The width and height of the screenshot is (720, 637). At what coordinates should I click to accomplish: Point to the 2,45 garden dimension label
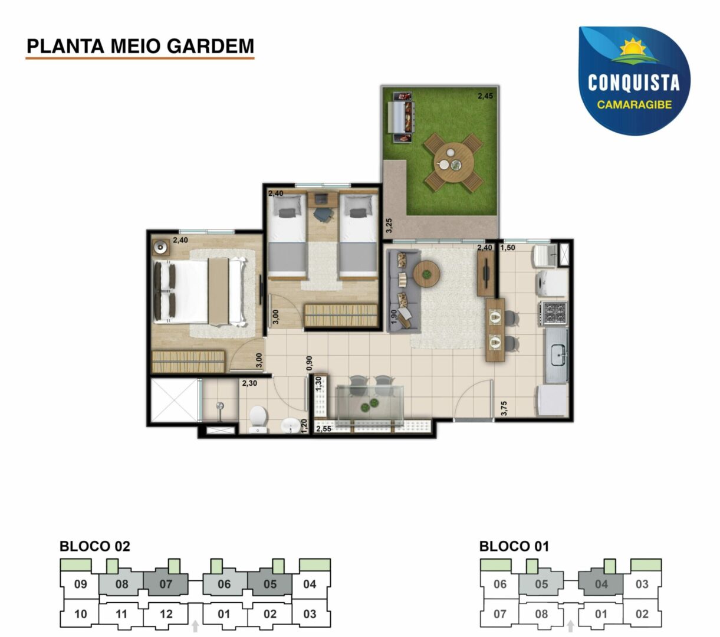click(485, 96)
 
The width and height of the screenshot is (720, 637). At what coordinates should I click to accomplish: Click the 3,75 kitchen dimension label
click(504, 408)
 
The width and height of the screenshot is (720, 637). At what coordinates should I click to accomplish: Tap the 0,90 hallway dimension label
click(309, 363)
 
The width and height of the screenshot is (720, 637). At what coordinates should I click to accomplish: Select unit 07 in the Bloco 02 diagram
click(166, 584)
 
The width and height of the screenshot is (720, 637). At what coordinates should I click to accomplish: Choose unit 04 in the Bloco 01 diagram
click(601, 584)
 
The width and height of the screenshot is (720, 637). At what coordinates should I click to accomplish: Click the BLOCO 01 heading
click(514, 546)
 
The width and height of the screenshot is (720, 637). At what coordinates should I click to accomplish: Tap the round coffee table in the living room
click(426, 274)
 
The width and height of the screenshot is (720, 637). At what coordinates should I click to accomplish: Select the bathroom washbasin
click(291, 425)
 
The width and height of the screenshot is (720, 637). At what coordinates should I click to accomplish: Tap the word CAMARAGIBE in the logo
click(634, 104)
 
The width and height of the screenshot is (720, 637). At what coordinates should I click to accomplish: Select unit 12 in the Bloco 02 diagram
click(166, 614)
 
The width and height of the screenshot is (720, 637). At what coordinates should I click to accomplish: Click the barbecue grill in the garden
click(403, 117)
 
